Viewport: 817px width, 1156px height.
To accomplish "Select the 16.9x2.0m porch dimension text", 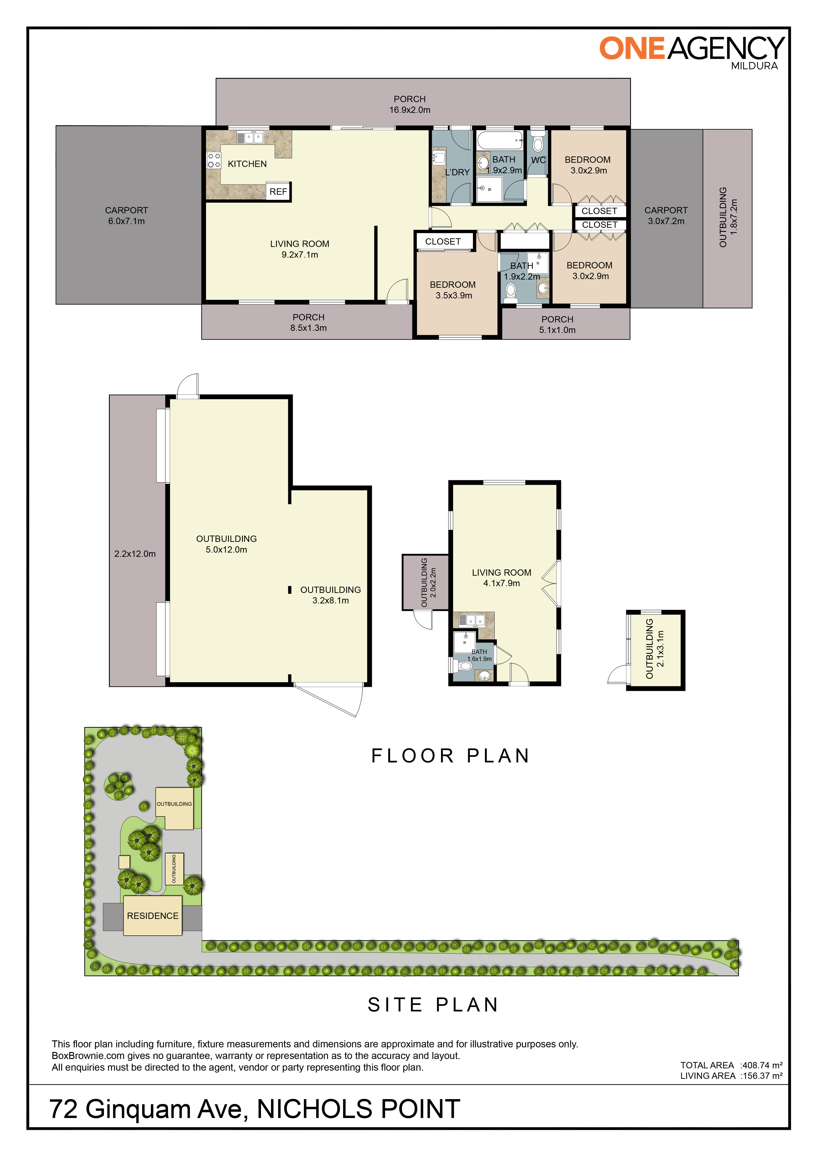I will click(x=409, y=110).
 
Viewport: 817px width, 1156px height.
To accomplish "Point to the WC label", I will click(x=538, y=160).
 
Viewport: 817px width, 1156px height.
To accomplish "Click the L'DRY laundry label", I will click(x=457, y=172).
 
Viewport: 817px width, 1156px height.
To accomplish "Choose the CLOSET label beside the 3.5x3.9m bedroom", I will click(x=443, y=242).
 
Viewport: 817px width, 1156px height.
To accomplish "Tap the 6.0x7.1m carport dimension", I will click(x=126, y=221).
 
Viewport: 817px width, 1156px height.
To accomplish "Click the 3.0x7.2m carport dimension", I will click(x=666, y=221).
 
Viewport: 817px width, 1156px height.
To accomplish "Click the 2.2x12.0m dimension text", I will click(x=135, y=554).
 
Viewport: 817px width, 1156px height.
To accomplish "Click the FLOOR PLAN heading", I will click(x=450, y=756).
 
